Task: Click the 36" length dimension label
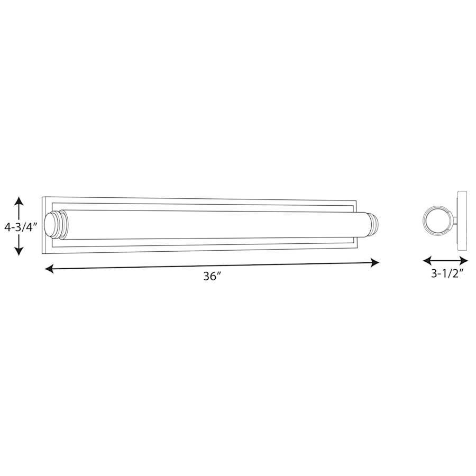coord(212,276)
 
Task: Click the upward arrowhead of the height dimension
coord(19,202)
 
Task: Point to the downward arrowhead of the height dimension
coord(19,251)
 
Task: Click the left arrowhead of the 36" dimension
coord(49,269)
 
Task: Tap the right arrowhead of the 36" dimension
coord(374,262)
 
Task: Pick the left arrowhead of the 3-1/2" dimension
coord(427,260)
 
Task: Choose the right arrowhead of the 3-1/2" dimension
coord(464,260)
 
